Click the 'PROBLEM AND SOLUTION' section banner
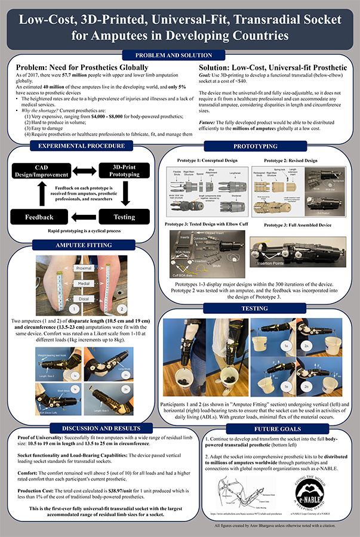(x=179, y=55)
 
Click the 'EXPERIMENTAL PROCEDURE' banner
(x=81, y=146)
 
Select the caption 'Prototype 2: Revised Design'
(x=291, y=161)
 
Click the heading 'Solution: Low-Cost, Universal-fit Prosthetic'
(x=272, y=68)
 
